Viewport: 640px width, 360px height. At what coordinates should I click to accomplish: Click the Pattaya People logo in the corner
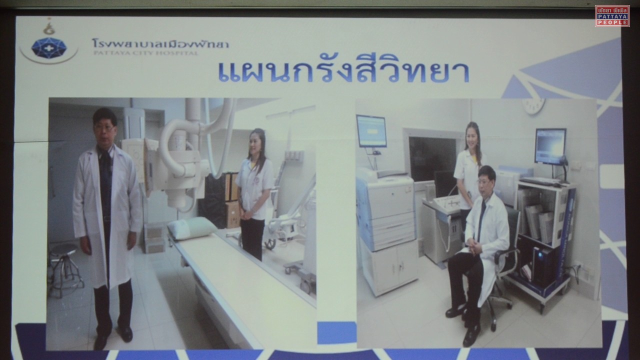(x=612, y=15)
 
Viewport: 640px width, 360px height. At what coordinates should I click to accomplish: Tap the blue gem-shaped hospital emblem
(x=49, y=47)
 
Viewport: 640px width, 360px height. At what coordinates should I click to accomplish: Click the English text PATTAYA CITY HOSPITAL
(x=145, y=52)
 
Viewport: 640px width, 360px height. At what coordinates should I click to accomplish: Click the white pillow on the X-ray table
(x=191, y=227)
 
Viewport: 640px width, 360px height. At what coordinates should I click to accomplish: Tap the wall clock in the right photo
(x=533, y=105)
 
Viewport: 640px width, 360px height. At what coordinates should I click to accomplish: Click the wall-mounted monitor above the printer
(x=371, y=131)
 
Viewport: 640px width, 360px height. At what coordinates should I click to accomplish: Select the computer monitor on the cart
(x=550, y=146)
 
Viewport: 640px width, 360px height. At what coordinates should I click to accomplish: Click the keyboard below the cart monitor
(x=539, y=181)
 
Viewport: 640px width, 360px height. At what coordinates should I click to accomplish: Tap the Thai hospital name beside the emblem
(x=160, y=43)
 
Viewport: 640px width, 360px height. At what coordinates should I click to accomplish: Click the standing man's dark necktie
(x=106, y=171)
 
